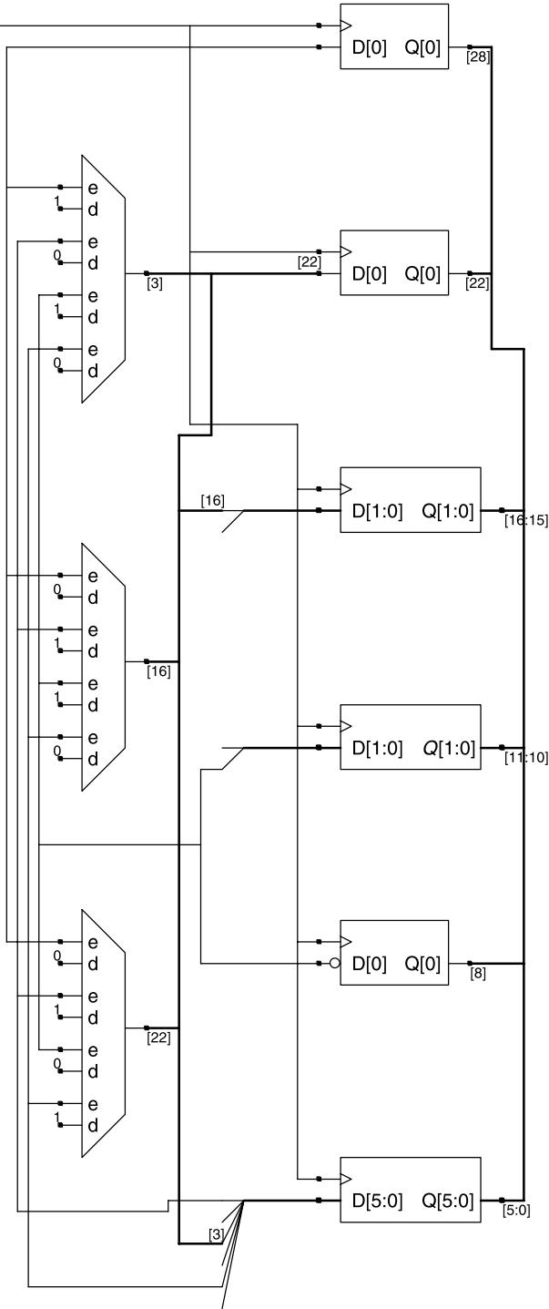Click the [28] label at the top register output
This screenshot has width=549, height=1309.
478,57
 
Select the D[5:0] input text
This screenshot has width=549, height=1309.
377,1201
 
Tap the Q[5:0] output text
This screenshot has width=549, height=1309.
447,1201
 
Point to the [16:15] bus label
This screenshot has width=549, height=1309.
526,520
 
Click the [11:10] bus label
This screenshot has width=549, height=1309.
526,757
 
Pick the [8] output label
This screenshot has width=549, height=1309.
478,974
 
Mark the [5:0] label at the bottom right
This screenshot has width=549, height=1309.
516,1211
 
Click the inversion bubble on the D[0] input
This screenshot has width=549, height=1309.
335,963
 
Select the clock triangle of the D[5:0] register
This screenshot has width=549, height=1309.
346,1179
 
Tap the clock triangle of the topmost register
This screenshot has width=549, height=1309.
346,26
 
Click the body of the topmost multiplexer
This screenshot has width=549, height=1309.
104,279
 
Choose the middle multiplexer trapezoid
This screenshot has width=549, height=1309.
104,667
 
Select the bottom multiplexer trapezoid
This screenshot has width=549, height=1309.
104,1033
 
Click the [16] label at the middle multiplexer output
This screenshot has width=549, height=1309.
158,671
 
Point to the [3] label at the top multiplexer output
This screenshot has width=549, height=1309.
155,284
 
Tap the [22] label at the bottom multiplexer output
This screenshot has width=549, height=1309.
158,1038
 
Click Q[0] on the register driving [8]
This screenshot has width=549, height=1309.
422,964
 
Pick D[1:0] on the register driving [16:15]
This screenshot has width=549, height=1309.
377,511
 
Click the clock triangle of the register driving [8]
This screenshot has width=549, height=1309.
346,941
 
